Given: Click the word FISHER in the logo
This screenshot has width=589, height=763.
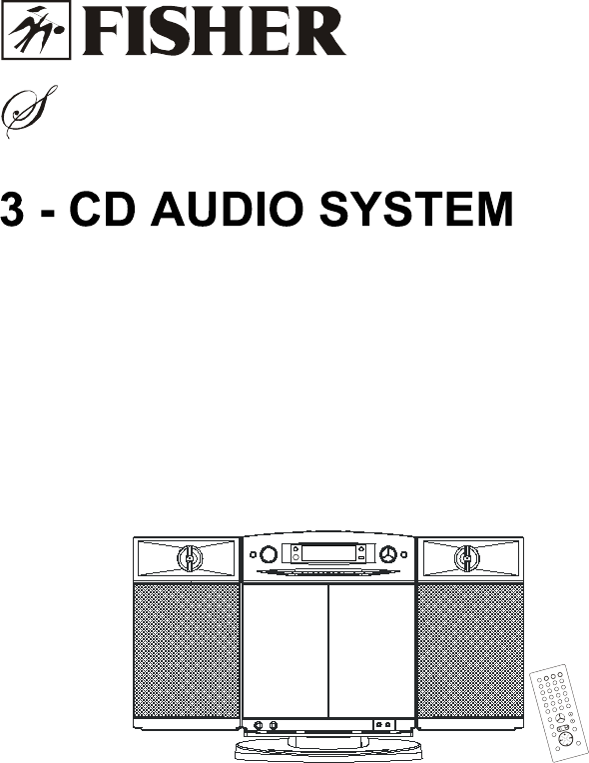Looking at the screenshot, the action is (214, 32).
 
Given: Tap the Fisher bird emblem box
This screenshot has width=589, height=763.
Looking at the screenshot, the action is (36, 30).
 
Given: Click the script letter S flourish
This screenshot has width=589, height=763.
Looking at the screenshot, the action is (29, 111).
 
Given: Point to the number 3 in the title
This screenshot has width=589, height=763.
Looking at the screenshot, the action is (12, 209).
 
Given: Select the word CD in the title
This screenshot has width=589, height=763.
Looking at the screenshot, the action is (102, 209).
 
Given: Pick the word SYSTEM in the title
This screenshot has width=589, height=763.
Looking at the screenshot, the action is (416, 209).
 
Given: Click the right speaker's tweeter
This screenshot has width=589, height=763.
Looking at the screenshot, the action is (466, 557).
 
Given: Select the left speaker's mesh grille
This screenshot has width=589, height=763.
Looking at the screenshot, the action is (187, 651).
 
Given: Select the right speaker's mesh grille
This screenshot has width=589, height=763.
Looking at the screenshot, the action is (470, 651).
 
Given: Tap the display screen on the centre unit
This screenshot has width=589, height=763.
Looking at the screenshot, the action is (328, 553).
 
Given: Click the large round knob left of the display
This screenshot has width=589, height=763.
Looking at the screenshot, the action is (268, 554).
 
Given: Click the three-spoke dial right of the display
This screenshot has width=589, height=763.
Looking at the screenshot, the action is (388, 554).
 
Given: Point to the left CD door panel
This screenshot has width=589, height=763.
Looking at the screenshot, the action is (286, 651).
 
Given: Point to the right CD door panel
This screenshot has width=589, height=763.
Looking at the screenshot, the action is (371, 651).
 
